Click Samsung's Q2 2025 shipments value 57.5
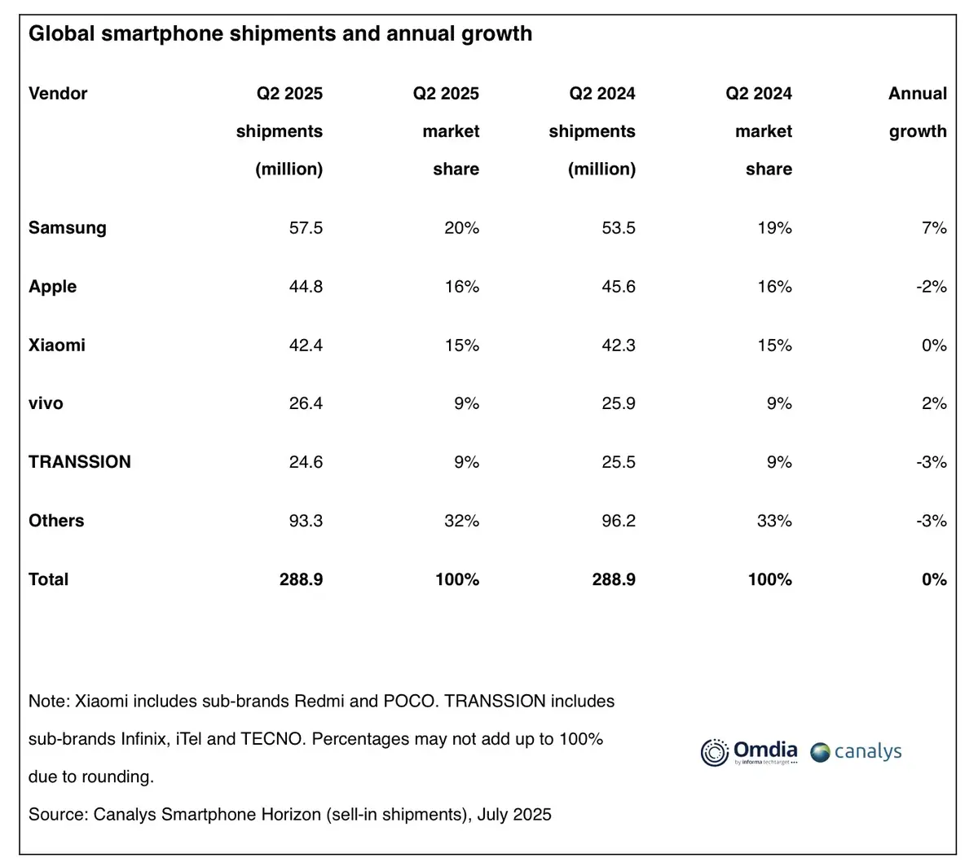tap(306, 228)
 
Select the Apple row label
tap(52, 287)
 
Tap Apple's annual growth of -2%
tap(931, 287)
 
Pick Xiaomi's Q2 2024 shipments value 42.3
tap(618, 345)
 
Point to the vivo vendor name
tap(46, 404)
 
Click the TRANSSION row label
tap(79, 462)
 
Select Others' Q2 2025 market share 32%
tap(461, 521)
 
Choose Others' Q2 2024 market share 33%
tap(774, 521)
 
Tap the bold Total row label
tap(48, 579)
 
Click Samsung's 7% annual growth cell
tap(934, 228)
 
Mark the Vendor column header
tap(58, 94)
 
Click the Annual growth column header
tap(918, 112)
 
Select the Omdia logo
tap(749, 751)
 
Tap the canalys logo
tap(856, 751)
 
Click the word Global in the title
tap(62, 34)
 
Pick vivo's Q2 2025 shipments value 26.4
tap(306, 404)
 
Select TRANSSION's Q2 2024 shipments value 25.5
tap(618, 462)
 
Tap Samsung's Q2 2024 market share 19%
tap(774, 228)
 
